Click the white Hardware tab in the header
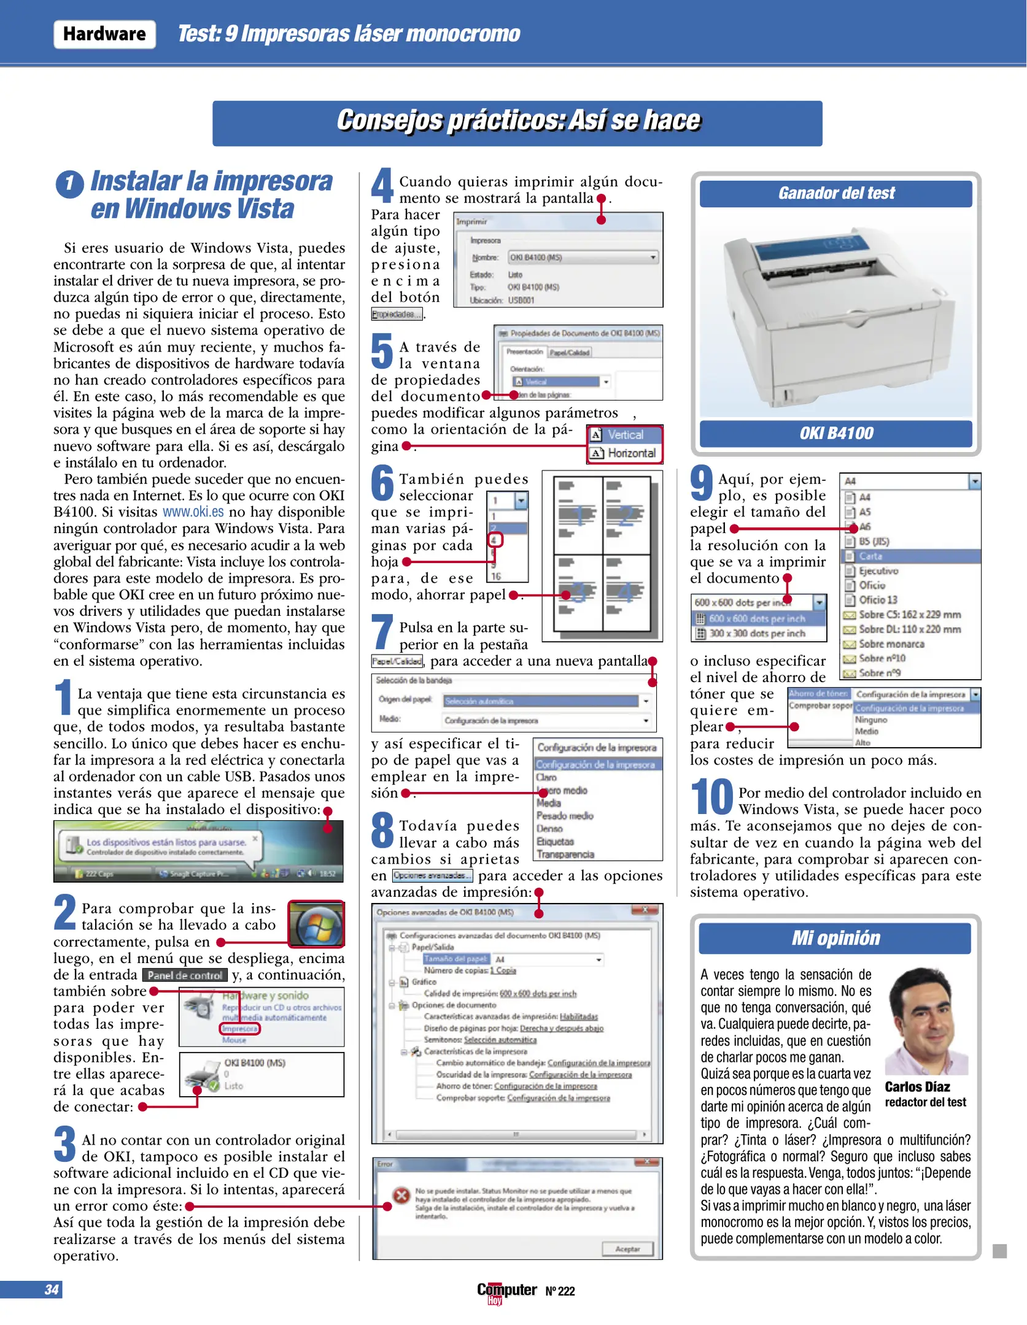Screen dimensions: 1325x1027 point(104,34)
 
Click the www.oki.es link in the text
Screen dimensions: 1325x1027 point(193,512)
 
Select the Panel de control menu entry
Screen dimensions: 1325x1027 point(185,975)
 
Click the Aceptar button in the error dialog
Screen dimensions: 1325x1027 point(627,1249)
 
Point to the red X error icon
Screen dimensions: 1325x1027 point(401,1196)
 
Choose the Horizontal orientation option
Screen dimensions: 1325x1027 point(625,453)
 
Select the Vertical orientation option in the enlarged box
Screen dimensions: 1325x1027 point(625,435)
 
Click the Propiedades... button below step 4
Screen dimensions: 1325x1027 point(397,315)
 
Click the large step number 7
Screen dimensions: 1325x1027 point(382,632)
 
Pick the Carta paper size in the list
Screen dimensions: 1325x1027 point(870,556)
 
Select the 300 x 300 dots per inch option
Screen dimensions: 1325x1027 point(757,634)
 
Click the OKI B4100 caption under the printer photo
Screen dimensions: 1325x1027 point(835,434)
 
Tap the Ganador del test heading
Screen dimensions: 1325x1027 point(835,194)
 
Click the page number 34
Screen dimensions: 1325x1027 point(52,1289)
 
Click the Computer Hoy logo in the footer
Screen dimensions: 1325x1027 point(506,1291)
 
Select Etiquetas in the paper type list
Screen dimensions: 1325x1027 point(555,842)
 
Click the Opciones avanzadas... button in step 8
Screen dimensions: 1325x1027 point(432,876)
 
